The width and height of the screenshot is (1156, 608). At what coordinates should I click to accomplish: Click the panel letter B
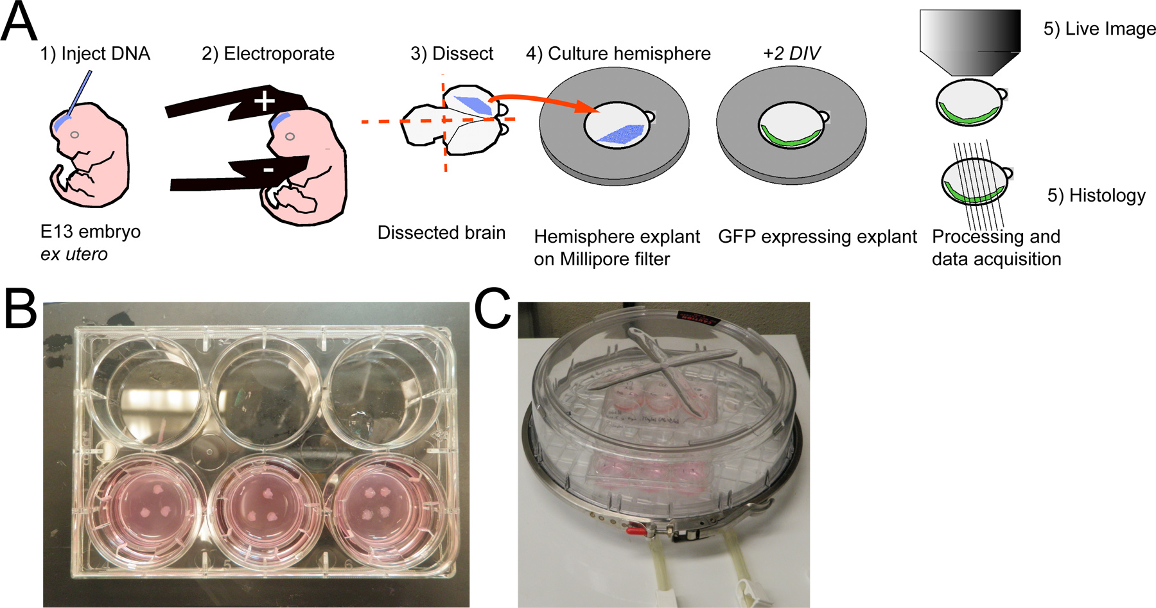pos(21,309)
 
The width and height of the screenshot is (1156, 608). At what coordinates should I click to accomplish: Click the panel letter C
pos(493,309)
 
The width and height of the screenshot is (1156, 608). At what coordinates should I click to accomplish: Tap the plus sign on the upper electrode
pos(264,101)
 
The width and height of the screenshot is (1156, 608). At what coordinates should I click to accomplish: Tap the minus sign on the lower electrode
pos(268,169)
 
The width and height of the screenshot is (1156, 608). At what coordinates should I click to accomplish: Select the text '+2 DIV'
pos(791,53)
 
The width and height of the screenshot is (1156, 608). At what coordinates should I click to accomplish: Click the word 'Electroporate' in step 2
pos(279,53)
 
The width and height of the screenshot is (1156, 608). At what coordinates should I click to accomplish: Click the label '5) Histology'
pos(1096,195)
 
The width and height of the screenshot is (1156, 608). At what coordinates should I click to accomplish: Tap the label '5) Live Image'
pos(1099,29)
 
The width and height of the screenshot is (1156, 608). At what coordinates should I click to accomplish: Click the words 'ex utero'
pos(74,254)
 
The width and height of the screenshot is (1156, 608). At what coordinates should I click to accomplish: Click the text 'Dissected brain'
pos(441,232)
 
